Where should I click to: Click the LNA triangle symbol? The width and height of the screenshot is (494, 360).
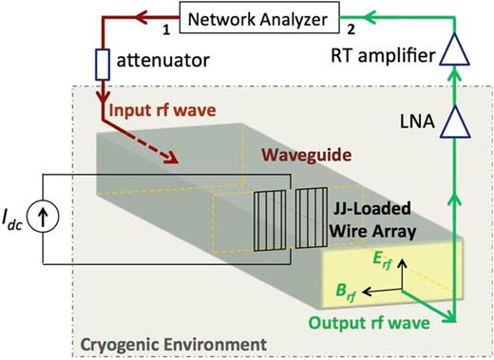(457, 120)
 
